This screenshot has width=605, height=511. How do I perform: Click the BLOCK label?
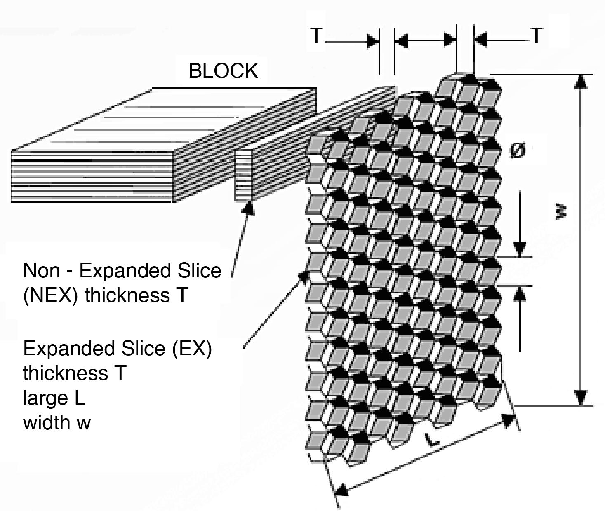223,71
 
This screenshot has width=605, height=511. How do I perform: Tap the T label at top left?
316,35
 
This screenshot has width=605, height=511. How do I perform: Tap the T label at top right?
536,35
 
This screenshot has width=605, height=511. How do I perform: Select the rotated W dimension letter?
561,212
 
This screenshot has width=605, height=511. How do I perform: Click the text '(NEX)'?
50,295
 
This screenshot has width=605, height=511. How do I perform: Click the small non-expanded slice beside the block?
243,175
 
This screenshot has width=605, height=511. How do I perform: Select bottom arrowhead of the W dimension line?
581,398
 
